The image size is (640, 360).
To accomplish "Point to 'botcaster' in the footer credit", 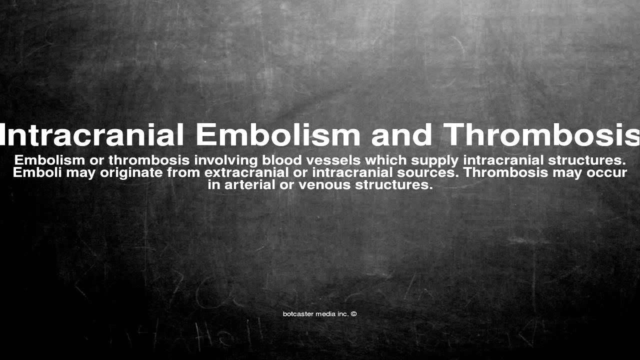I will coord(298,314).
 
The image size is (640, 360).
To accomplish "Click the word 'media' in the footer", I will coord(325,314).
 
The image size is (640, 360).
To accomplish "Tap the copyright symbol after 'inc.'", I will coord(353,314).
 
